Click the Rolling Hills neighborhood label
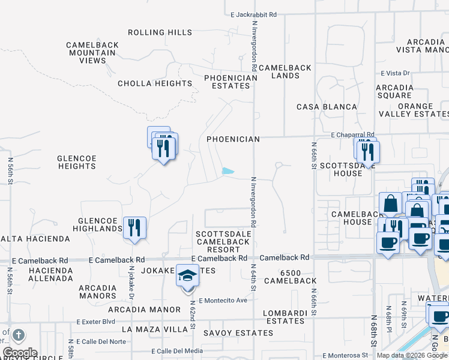click(159, 32)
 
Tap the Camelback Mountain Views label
click(91, 53)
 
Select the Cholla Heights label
click(155, 83)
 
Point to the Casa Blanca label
click(327, 107)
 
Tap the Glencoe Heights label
click(77, 162)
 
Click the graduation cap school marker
click(187, 278)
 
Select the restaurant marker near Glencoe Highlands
click(134, 227)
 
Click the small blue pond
click(228, 171)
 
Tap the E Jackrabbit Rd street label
click(253, 14)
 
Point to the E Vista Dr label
click(395, 73)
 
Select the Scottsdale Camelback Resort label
click(223, 241)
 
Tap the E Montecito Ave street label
click(223, 301)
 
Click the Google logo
click(20, 353)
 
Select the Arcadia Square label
click(394, 91)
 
